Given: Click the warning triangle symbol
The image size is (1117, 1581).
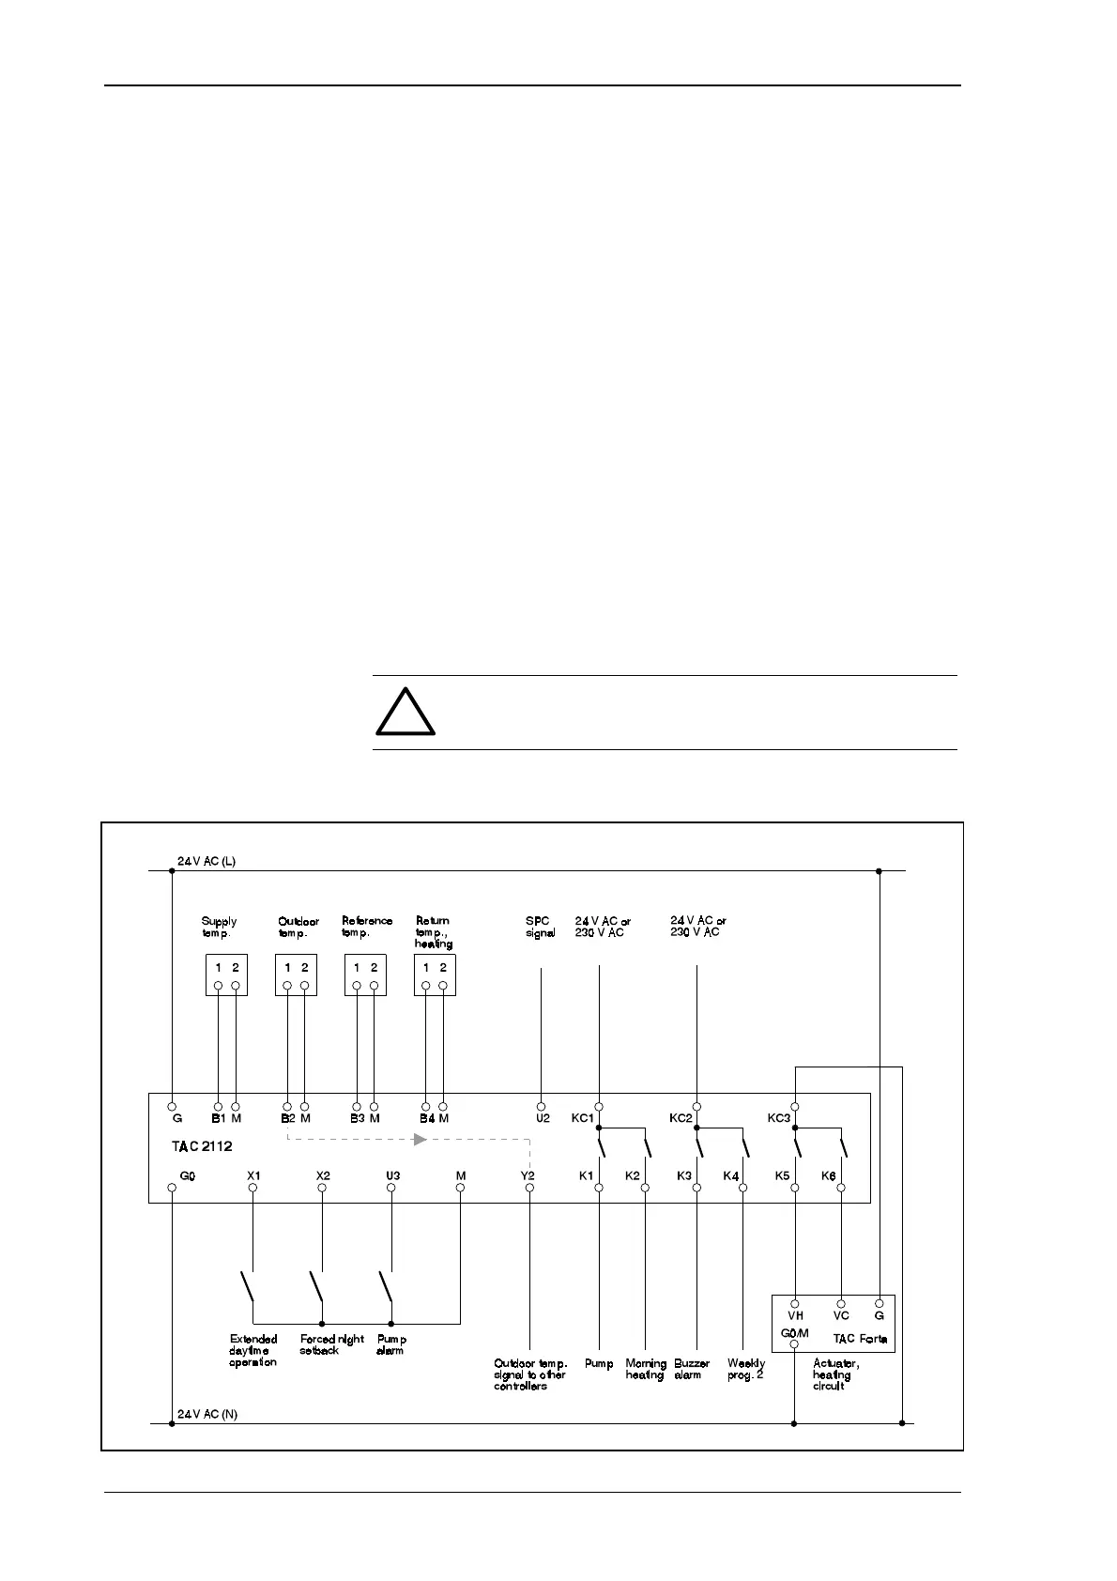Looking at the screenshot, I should pyautogui.click(x=405, y=713).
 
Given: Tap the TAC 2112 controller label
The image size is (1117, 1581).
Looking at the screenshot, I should pyautogui.click(x=201, y=1146).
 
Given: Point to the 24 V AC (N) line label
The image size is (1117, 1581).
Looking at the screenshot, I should pyautogui.click(x=207, y=1414).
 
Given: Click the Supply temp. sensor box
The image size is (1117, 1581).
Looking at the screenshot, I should pyautogui.click(x=226, y=975).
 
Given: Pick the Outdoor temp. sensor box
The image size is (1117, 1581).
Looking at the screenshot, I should pyautogui.click(x=296, y=975).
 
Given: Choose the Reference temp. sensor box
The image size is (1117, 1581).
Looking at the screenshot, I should pyautogui.click(x=365, y=975).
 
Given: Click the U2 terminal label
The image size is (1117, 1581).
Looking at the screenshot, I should pyautogui.click(x=542, y=1118).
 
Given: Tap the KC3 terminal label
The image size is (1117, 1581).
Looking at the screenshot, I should pyautogui.click(x=779, y=1118).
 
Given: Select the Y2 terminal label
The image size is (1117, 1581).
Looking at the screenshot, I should pyautogui.click(x=528, y=1175).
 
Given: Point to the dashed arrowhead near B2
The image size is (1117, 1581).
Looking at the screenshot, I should pyautogui.click(x=421, y=1139).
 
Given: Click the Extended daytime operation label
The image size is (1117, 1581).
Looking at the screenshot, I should pyautogui.click(x=253, y=1350).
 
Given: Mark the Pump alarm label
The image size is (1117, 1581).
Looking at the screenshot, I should pyautogui.click(x=390, y=1344).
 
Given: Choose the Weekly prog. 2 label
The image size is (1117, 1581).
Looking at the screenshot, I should pyautogui.click(x=746, y=1369).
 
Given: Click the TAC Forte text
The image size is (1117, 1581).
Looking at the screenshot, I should pyautogui.click(x=860, y=1339).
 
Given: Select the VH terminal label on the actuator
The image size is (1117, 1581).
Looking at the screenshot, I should pyautogui.click(x=795, y=1316).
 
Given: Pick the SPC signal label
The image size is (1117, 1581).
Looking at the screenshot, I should pyautogui.click(x=540, y=927).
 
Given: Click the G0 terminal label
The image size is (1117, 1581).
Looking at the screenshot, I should pyautogui.click(x=188, y=1175).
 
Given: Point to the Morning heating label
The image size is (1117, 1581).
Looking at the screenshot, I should pyautogui.click(x=646, y=1369).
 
